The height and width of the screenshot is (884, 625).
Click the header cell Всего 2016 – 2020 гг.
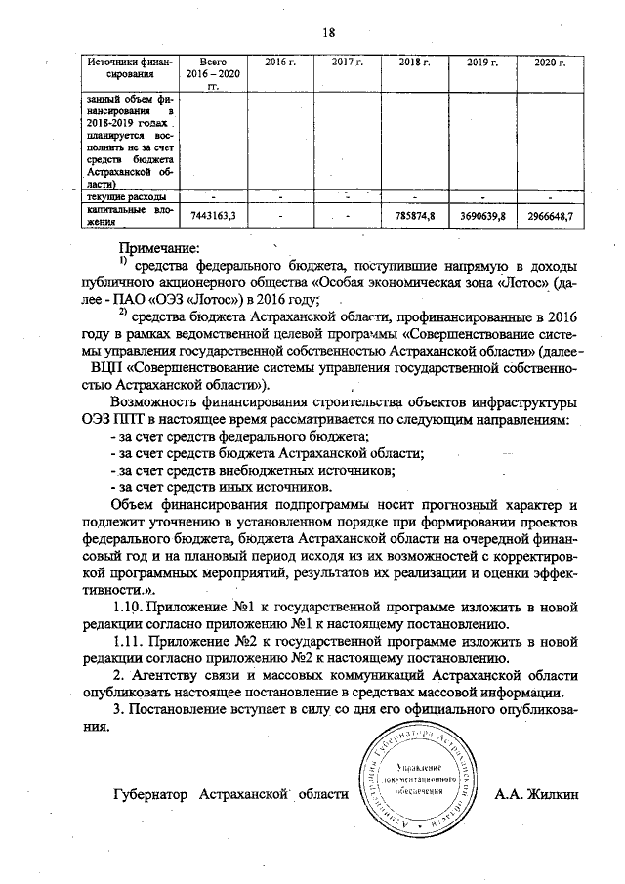point(212,73)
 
